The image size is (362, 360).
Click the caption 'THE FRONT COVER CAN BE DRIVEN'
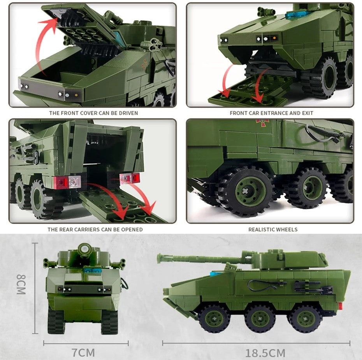93,113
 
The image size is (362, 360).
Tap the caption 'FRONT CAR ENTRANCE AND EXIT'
271,113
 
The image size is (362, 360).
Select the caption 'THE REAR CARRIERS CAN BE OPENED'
95,229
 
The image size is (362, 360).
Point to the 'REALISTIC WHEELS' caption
273,229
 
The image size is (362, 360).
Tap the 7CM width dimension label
84,353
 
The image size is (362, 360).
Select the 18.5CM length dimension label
265,353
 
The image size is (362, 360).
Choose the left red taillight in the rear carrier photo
62,182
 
